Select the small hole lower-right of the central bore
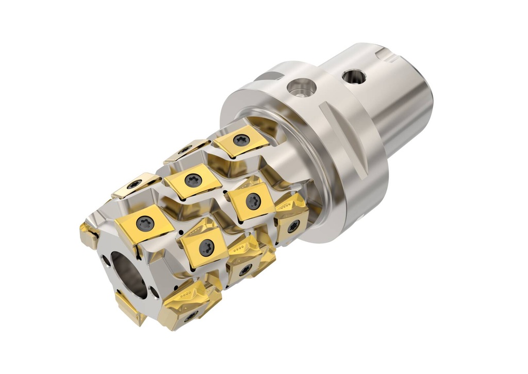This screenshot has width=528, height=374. pyautogui.click(x=154, y=293)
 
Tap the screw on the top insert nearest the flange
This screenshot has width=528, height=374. pyautogui.click(x=241, y=140)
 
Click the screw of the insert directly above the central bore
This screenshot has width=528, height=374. pyautogui.click(x=144, y=223)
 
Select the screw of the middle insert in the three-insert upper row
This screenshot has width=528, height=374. pyautogui.click(x=193, y=180)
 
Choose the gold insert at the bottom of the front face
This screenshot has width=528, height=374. pyautogui.click(x=129, y=307)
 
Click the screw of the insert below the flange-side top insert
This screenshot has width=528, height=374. pyautogui.click(x=253, y=201)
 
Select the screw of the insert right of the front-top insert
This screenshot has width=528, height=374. pyautogui.click(x=206, y=247)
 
